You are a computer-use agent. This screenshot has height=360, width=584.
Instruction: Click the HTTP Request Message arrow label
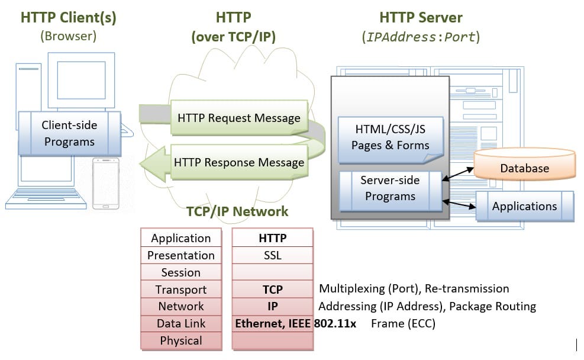pos(239,118)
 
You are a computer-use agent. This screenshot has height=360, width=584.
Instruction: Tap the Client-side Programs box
pos(69,133)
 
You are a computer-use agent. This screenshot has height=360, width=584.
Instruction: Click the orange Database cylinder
pos(524,168)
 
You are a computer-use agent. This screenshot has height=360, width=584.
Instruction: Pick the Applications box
pos(524,206)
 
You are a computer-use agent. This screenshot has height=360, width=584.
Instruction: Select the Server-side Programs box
pos(390,188)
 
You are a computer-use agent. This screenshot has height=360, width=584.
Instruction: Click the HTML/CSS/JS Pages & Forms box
pos(390,137)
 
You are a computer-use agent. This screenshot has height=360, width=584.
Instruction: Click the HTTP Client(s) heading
pos(68,17)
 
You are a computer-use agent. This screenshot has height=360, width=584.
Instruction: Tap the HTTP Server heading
pos(421,17)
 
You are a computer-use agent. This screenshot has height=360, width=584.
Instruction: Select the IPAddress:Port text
pos(421,37)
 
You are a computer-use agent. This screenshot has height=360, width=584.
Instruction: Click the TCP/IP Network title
pos(237,211)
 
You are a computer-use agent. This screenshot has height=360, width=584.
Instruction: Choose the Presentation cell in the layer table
pos(180,255)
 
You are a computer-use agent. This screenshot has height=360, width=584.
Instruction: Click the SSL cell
pos(272,255)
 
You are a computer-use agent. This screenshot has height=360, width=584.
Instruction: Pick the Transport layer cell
pos(180,290)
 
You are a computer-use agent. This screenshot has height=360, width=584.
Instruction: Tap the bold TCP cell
pos(272,290)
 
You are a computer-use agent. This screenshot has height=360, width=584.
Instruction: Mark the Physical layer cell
pos(180,340)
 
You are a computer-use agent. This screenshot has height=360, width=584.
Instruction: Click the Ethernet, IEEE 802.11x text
pos(295,324)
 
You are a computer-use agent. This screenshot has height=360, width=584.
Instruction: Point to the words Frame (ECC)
pos(403,324)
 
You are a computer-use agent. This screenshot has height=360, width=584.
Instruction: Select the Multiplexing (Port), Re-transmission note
pos(414,289)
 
